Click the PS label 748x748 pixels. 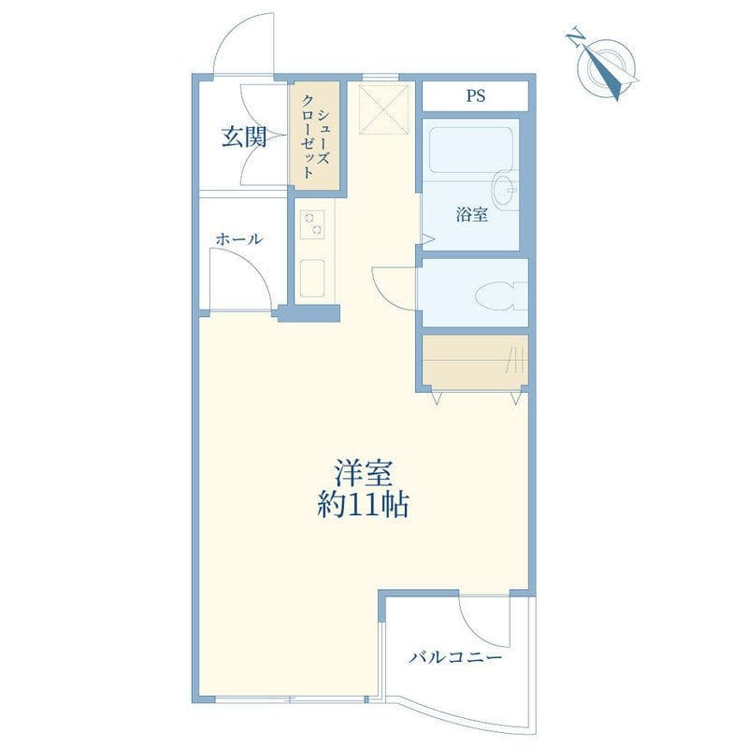click(476, 96)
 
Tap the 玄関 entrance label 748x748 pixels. click(244, 137)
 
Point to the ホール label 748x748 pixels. click(239, 239)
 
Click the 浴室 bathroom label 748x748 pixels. click(472, 215)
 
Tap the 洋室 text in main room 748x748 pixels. click(363, 472)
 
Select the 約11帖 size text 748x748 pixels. click(363, 505)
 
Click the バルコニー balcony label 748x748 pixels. click(455, 658)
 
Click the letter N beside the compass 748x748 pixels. click(576, 37)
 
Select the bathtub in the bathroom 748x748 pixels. click(470, 150)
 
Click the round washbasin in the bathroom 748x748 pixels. click(504, 190)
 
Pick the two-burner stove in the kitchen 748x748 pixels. click(312, 224)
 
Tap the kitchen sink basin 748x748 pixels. click(312, 278)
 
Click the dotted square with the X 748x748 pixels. click(384, 109)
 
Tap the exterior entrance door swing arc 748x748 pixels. click(234, 30)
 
